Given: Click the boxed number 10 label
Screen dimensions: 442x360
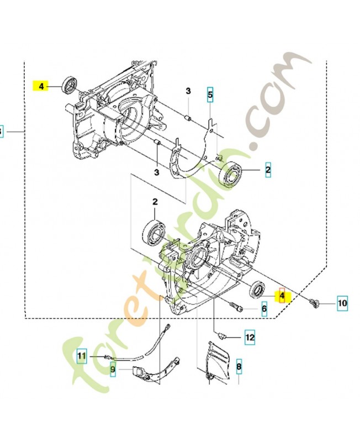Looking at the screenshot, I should [342, 303].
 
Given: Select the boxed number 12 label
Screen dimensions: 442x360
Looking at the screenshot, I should [250, 336].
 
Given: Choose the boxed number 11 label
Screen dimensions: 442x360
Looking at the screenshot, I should [82, 356].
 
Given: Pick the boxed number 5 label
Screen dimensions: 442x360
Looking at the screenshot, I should [210, 95].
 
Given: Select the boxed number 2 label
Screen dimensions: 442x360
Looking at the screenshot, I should [268, 171].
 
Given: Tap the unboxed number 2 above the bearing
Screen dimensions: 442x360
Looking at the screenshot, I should [155, 202].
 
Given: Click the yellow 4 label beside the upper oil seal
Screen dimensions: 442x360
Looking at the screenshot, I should [41, 86].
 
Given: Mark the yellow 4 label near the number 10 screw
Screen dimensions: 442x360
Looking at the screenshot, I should [282, 296].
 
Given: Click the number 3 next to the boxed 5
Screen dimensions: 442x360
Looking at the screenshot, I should [188, 91].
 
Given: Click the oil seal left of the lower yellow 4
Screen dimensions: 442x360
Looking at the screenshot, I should [257, 288].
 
